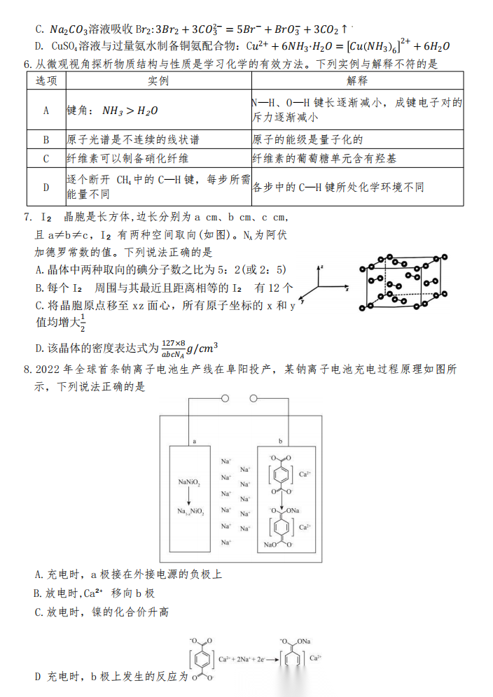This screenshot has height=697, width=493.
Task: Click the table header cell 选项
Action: pyautogui.click(x=46, y=80)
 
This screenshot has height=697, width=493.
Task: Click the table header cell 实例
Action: pyautogui.click(x=158, y=80)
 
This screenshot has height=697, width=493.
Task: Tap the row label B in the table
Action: pyautogui.click(x=46, y=139)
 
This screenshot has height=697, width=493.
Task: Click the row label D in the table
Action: pyautogui.click(x=46, y=187)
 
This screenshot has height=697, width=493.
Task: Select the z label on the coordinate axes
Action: pyautogui.click(x=321, y=267)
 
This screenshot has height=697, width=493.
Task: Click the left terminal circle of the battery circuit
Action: pyautogui.click(x=225, y=399)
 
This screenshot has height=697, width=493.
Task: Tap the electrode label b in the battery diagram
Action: pyautogui.click(x=281, y=442)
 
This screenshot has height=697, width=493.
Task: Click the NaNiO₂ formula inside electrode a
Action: pyautogui.click(x=189, y=483)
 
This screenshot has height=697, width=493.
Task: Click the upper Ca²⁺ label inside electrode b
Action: pyautogui.click(x=305, y=474)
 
